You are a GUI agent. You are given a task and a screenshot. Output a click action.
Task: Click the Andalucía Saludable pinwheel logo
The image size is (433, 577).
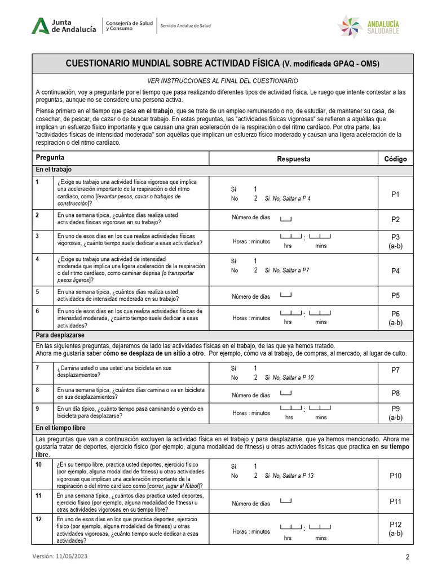point(350,26)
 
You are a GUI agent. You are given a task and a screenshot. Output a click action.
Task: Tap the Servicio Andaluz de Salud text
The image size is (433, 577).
point(185,26)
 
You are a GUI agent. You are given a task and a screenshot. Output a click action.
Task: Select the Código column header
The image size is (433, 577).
point(395,159)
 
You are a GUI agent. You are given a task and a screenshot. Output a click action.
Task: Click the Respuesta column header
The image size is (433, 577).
point(293,159)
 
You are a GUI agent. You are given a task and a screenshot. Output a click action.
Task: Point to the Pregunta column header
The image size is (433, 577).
point(50,158)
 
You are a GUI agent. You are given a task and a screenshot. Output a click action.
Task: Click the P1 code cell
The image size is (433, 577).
point(395,194)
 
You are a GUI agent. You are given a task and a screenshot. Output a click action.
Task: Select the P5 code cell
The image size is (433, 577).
point(395,296)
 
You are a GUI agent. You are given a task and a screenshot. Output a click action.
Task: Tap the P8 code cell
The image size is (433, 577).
point(395,393)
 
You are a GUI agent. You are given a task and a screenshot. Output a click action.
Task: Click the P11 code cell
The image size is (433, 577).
point(395,501)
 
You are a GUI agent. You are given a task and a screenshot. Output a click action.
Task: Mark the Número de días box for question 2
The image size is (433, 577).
point(286,218)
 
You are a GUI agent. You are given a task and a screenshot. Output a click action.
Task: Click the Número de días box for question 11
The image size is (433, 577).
point(286,501)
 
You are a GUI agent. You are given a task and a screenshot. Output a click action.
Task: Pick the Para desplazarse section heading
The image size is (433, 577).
point(60,335)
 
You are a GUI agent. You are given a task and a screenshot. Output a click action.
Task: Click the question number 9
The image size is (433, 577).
point(37,409)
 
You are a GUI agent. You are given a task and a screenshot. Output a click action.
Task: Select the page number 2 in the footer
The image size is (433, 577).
point(407,557)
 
